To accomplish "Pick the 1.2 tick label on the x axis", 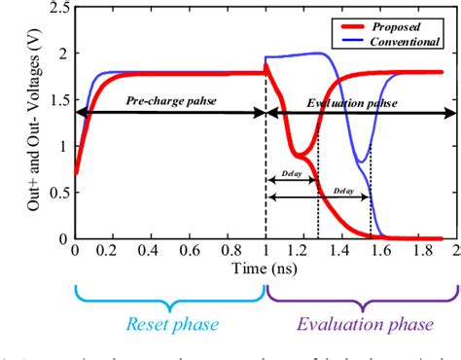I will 303,251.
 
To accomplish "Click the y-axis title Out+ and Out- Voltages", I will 20,123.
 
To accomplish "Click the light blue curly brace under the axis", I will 170,293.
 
